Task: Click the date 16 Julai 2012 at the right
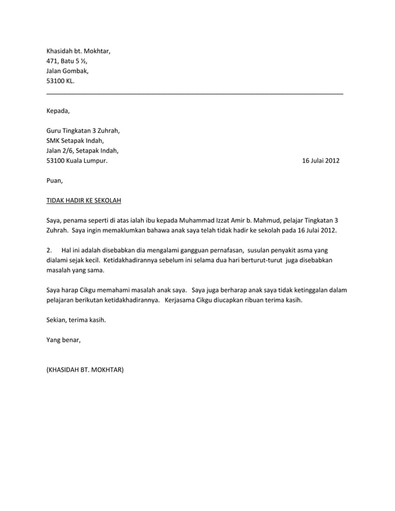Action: (320, 161)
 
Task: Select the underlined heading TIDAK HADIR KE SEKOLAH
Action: (84, 200)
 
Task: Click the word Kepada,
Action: (58, 111)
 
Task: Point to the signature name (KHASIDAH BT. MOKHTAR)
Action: (85, 370)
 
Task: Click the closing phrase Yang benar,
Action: (63, 340)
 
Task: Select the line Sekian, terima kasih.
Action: (76, 320)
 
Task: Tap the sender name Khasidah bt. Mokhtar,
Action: (79, 51)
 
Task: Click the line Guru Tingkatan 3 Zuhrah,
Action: (83, 131)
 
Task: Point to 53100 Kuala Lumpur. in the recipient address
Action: (77, 161)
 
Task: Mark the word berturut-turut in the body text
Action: (263, 260)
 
